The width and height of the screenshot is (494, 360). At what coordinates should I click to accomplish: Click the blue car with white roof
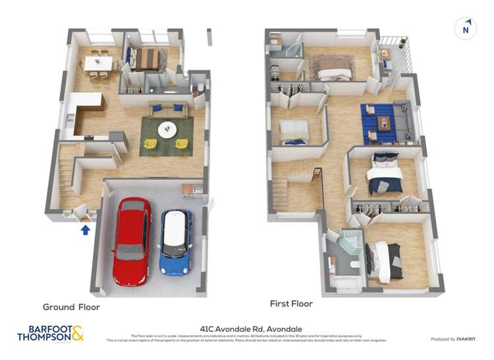click(176, 242)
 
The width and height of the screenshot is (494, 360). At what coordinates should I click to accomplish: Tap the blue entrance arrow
click(84, 229)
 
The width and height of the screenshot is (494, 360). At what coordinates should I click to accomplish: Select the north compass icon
click(466, 28)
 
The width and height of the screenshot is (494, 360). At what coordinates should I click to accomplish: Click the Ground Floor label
click(71, 307)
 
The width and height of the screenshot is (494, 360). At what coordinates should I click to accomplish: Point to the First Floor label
click(291, 304)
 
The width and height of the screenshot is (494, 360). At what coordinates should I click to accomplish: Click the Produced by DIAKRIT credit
click(453, 339)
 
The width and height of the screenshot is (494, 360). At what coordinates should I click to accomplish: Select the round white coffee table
click(167, 129)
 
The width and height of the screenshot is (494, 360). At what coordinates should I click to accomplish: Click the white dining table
click(98, 64)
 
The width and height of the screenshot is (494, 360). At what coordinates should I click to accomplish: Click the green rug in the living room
click(167, 136)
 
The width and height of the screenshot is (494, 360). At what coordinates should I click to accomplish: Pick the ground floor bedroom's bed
click(146, 59)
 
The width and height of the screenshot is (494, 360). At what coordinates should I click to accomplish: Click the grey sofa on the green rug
click(167, 109)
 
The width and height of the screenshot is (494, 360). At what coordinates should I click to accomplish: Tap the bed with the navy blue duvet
click(384, 174)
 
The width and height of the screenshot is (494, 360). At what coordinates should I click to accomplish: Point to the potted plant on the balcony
click(402, 43)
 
